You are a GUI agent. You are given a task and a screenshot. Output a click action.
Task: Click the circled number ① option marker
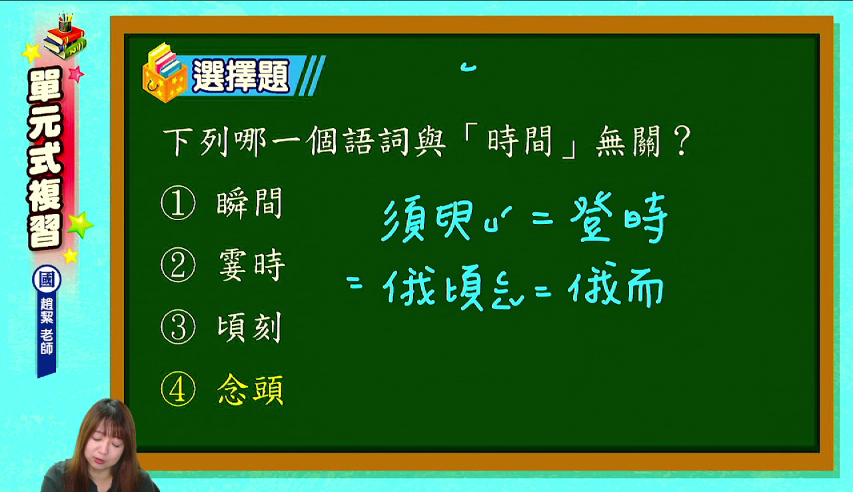(178, 203)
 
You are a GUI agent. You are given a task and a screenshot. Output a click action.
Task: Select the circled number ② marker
(178, 265)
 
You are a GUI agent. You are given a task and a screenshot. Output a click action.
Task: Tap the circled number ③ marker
(178, 327)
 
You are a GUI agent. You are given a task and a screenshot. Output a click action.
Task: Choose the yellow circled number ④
(178, 389)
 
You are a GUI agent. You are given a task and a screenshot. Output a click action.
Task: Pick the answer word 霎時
(251, 265)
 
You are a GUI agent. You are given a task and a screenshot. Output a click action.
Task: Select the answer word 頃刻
(249, 327)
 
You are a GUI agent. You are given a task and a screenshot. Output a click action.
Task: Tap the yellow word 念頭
(250, 389)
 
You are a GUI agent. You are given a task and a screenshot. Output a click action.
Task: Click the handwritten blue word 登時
(619, 217)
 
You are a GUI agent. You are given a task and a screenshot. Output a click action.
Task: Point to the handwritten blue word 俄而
(616, 285)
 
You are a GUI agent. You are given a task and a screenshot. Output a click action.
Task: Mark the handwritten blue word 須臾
(427, 220)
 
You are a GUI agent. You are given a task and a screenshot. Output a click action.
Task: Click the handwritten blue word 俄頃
(433, 287)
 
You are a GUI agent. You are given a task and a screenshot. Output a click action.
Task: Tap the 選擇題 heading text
(241, 76)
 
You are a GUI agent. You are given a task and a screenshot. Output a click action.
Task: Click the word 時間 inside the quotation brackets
(519, 141)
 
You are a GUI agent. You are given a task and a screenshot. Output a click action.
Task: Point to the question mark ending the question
(681, 141)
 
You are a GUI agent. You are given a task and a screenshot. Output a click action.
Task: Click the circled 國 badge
(47, 279)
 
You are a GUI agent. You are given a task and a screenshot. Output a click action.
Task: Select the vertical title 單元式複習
(45, 158)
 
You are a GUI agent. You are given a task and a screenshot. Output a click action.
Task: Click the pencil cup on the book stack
(65, 23)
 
